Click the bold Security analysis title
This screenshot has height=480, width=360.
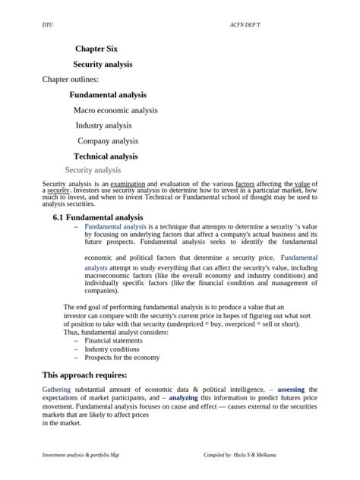click(103, 65)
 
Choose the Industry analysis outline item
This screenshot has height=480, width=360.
click(103, 125)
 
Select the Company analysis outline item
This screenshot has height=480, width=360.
click(108, 141)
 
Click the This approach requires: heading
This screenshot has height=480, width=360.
click(84, 375)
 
